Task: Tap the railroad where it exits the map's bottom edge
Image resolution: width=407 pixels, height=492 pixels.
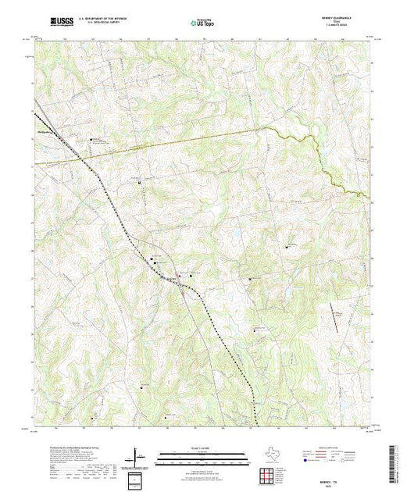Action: pos(255,427)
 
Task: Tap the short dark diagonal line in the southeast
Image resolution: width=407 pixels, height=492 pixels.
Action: pos(336,312)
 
